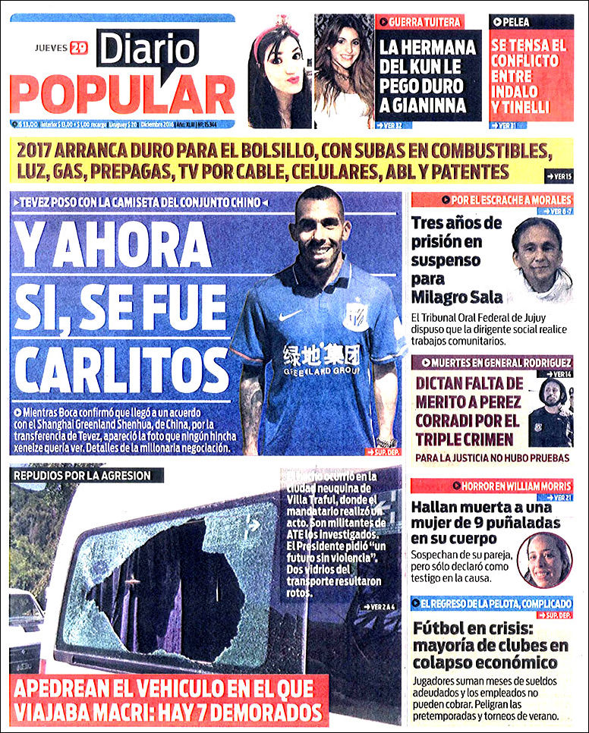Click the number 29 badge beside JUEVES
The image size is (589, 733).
click(x=78, y=48)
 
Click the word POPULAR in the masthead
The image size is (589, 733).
click(x=122, y=94)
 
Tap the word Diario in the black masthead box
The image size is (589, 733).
click(x=146, y=49)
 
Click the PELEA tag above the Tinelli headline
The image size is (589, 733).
click(x=515, y=22)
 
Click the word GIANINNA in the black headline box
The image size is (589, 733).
click(x=430, y=105)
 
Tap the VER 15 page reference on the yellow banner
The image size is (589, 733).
click(x=560, y=176)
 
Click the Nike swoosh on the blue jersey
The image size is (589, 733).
click(x=290, y=314)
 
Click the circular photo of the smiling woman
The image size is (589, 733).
click(x=544, y=560)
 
